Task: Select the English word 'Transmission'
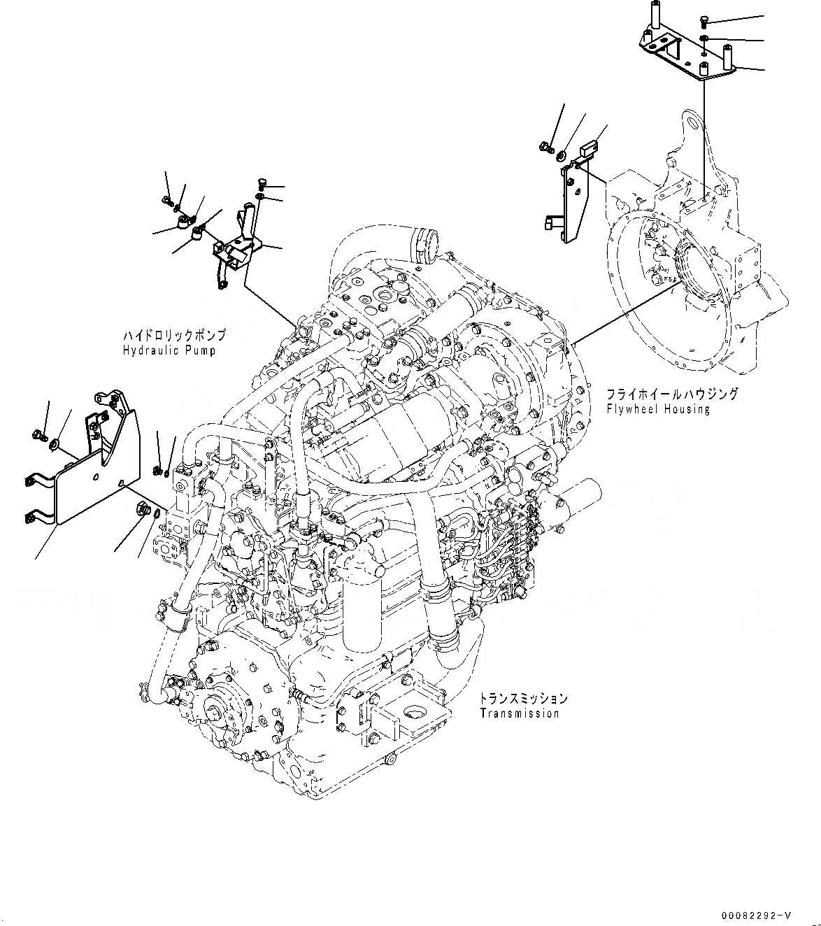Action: pos(520,713)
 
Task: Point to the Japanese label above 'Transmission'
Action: pos(523,699)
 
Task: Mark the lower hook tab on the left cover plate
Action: pos(32,517)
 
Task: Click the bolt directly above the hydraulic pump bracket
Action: pos(261,185)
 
